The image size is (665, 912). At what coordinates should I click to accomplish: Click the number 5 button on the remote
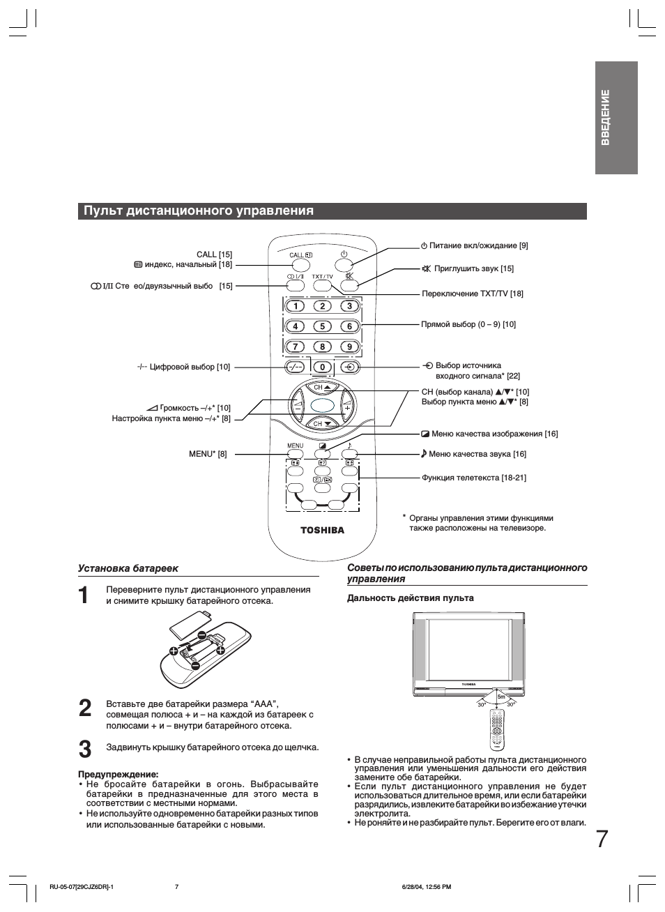[x=322, y=326]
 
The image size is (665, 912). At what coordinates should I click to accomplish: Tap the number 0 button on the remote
[x=322, y=367]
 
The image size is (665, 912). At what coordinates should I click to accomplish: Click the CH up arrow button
[x=322, y=387]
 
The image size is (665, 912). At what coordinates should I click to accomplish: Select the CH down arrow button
[x=322, y=423]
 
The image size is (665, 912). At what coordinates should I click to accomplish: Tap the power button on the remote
[x=344, y=265]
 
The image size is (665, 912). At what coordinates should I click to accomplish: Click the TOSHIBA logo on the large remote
[x=322, y=530]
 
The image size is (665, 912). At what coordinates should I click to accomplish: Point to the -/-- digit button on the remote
[x=295, y=367]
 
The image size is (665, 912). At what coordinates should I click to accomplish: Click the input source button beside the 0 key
[x=350, y=367]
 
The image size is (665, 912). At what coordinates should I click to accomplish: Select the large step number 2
[x=84, y=708]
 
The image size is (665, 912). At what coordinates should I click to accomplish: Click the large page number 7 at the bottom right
[x=602, y=839]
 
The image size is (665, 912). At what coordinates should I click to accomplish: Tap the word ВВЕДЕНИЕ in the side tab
[x=605, y=117]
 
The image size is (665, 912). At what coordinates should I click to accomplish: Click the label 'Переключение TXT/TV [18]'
[x=473, y=294]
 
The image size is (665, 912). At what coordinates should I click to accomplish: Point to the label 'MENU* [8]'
[x=208, y=453]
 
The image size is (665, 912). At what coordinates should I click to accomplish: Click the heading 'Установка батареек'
[x=128, y=568]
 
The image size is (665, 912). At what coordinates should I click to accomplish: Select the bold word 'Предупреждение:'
[x=118, y=774]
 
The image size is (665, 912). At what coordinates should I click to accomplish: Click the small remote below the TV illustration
[x=496, y=729]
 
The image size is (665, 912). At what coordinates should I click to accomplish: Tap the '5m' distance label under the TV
[x=501, y=697]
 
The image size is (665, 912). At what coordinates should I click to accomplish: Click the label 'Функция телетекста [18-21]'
[x=474, y=478]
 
